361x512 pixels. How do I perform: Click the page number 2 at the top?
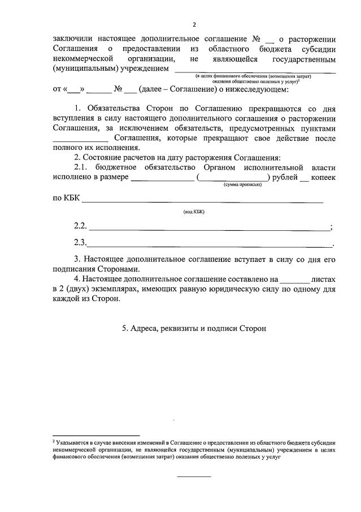pos(194,25)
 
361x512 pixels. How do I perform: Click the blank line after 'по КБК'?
pos(203,201)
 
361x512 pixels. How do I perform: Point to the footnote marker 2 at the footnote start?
pos(54,440)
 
